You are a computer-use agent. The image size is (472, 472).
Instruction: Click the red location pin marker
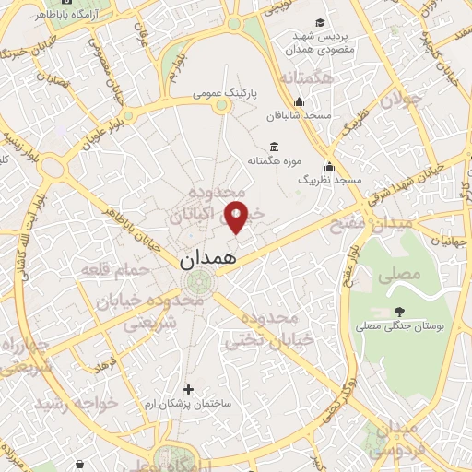[x=237, y=217]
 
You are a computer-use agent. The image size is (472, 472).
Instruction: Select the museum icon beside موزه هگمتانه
[x=274, y=146]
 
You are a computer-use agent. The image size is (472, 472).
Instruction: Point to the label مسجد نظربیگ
[x=329, y=179]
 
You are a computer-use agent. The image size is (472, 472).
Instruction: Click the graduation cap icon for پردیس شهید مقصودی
[x=319, y=22]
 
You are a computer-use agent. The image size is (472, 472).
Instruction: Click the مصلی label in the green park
[x=404, y=274]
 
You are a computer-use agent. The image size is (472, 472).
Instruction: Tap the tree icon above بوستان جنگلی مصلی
[x=398, y=312]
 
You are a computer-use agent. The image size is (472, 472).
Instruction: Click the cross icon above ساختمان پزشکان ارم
[x=189, y=389]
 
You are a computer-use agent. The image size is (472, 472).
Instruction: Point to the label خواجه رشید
[x=69, y=404]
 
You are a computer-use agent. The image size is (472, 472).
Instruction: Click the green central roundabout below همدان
[x=196, y=282]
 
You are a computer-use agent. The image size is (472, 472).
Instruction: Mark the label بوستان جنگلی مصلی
[x=402, y=326]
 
